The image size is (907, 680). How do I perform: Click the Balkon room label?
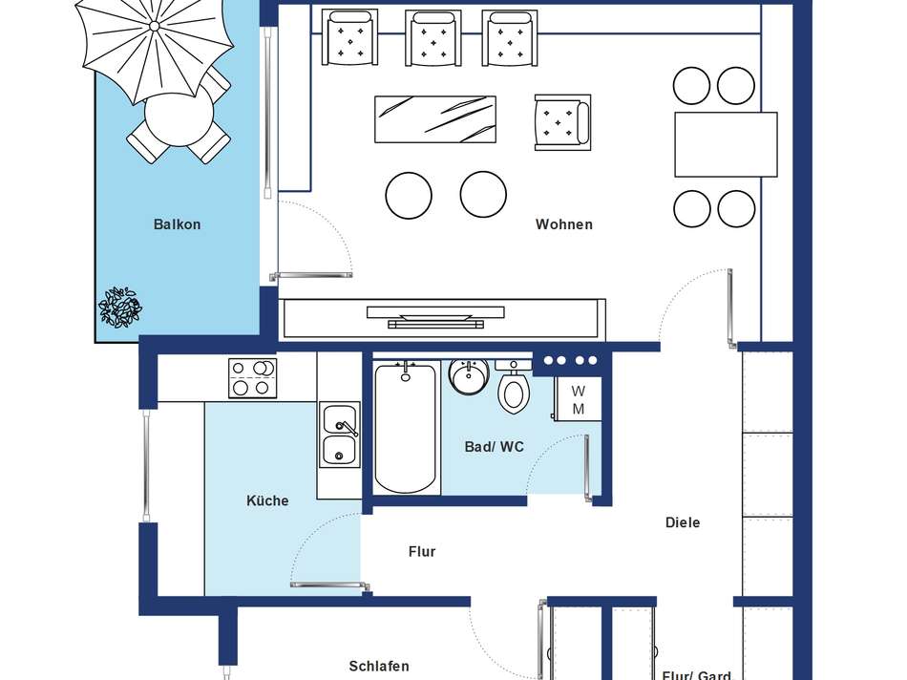(x=177, y=224)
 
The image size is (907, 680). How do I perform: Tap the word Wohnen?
(x=564, y=224)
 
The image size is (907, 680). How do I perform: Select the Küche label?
(x=267, y=500)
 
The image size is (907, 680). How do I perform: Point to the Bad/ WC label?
(x=495, y=447)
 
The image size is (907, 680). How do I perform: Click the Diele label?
(x=683, y=522)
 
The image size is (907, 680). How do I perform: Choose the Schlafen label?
(x=379, y=666)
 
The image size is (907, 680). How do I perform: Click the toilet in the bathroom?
(x=513, y=387)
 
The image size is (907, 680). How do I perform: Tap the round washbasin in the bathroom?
(x=469, y=376)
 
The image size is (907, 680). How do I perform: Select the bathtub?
(x=405, y=428)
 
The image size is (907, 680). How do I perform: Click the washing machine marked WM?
(x=578, y=399)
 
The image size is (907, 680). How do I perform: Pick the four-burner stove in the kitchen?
(x=252, y=378)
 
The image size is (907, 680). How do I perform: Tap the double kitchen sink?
(x=340, y=435)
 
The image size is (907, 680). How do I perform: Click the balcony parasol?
(x=155, y=50)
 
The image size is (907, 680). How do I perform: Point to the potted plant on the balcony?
(x=120, y=308)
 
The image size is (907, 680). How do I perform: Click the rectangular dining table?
(x=726, y=144)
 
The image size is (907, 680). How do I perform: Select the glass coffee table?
(x=435, y=119)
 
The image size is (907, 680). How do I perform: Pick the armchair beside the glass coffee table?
(x=562, y=122)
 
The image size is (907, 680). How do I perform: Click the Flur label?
(x=422, y=551)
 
